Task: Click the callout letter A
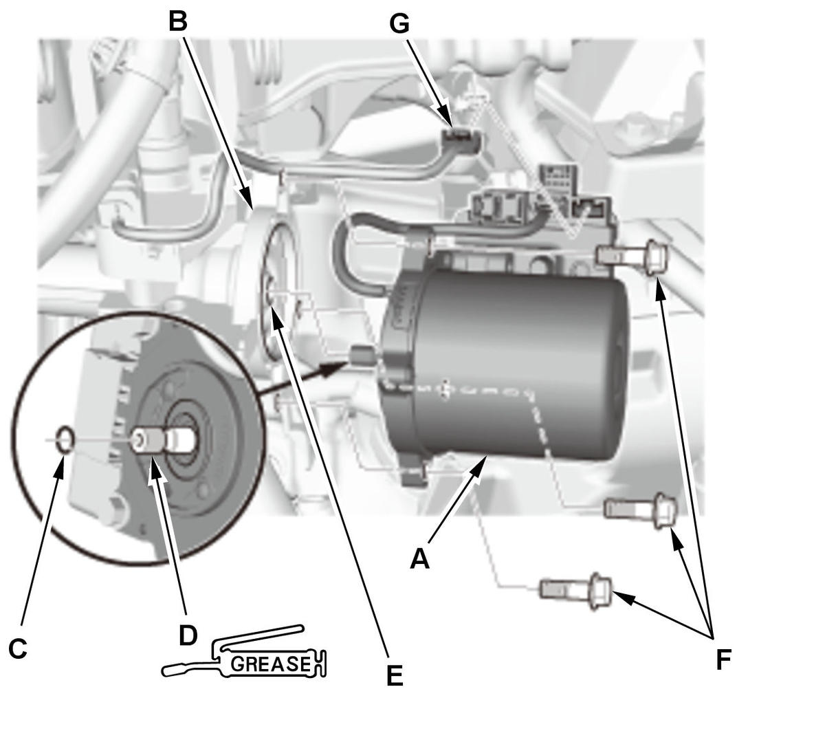pos(419,558)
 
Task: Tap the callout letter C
pos(18,648)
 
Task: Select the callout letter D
pos(188,635)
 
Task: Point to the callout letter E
pos(394,675)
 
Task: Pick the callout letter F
pos(723,659)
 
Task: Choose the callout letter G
pos(399,23)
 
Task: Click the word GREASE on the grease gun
pos(271,664)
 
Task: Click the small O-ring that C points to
pos(65,438)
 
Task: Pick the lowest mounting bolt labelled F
pos(576,589)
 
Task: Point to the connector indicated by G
pos(460,141)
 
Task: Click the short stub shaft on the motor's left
pos(362,356)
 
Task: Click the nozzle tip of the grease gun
pos(166,670)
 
